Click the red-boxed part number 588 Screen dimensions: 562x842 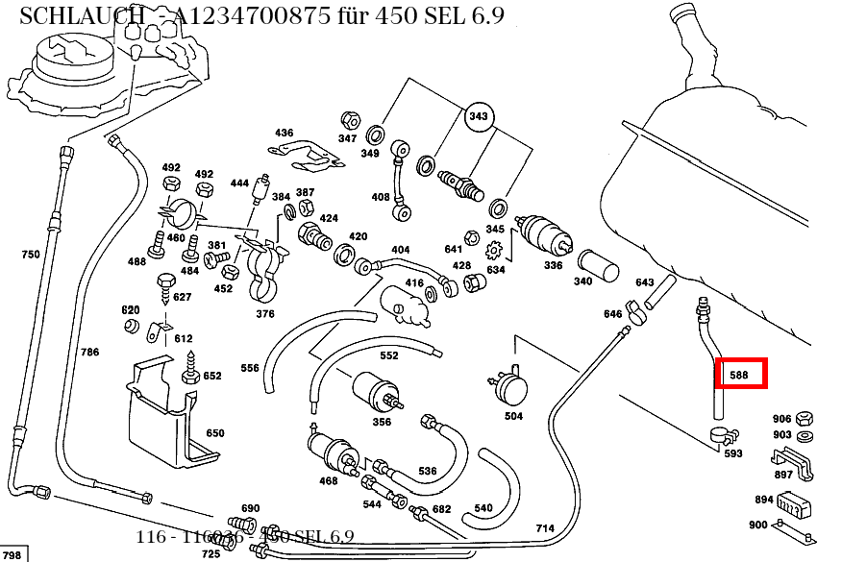point(740,375)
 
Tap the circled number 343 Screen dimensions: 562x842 point(478,117)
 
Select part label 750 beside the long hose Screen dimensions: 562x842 point(31,255)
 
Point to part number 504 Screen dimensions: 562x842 point(513,416)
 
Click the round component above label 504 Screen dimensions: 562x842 point(511,387)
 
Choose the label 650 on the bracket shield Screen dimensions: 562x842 point(214,433)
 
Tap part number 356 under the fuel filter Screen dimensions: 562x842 point(382,422)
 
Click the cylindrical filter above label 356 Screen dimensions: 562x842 point(377,390)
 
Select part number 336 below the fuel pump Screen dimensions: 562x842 point(553,265)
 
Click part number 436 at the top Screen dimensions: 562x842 point(284,133)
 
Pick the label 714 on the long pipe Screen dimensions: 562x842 point(545,528)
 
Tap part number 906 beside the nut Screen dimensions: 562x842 point(781,419)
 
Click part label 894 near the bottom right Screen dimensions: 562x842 point(764,500)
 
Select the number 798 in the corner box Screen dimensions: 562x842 point(12,555)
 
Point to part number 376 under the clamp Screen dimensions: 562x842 point(264,314)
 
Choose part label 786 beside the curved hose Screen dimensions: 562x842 point(89,353)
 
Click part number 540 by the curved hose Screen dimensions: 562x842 point(483,508)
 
